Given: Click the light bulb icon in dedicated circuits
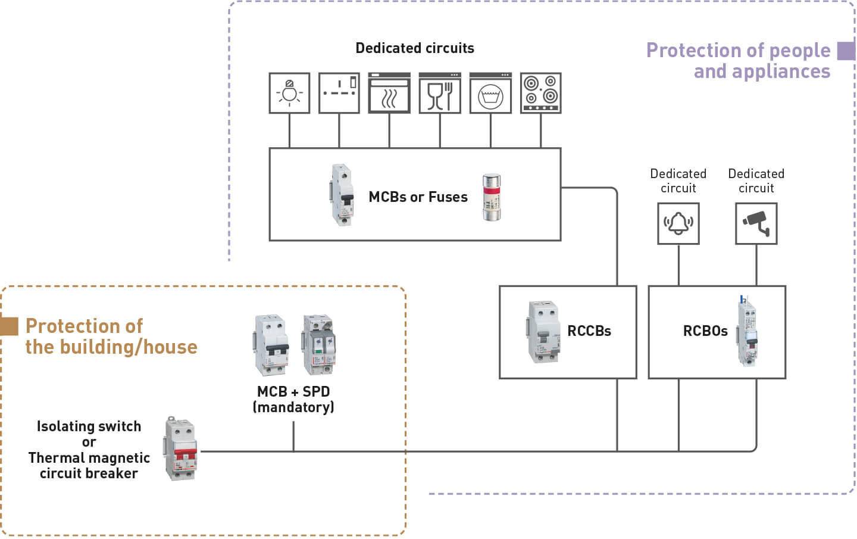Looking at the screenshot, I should click(x=289, y=93).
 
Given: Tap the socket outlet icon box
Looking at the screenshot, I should click(x=339, y=93).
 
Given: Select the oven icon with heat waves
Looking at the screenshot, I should click(x=389, y=93).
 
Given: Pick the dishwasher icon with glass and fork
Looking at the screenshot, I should click(x=440, y=93).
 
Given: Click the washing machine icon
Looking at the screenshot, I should click(x=490, y=93).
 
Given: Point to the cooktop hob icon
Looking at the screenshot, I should click(x=540, y=93).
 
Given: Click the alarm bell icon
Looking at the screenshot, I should click(x=678, y=223).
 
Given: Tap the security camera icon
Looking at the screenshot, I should click(x=756, y=223).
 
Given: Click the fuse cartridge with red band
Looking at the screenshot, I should click(x=492, y=197).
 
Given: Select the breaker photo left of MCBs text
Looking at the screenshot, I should click(x=342, y=195).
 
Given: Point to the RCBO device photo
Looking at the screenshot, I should click(x=747, y=331).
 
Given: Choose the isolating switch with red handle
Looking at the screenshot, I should click(x=181, y=448).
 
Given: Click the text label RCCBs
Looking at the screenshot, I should click(x=589, y=331).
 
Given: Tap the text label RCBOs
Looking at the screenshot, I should click(x=705, y=331).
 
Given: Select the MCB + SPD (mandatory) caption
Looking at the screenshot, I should click(x=293, y=399).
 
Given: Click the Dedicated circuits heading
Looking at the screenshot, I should click(x=415, y=48).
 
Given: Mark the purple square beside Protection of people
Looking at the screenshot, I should click(x=846, y=51).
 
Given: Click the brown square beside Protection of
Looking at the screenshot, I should click(x=10, y=326).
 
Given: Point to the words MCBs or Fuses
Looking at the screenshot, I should click(x=418, y=197).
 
